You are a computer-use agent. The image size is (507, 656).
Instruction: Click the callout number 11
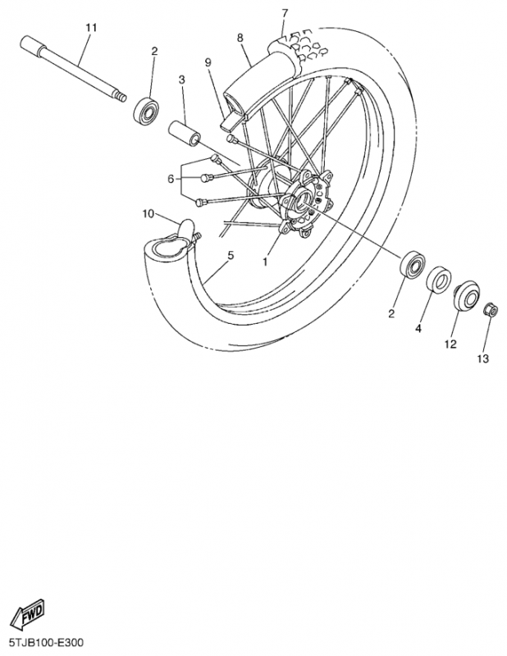(91, 28)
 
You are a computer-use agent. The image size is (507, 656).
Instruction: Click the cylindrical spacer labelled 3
(185, 134)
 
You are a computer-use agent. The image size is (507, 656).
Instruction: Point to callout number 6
(171, 179)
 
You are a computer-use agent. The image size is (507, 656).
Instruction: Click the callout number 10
(148, 214)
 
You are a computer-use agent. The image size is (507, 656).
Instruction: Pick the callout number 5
(231, 255)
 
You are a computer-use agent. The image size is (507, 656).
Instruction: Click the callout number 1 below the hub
(265, 262)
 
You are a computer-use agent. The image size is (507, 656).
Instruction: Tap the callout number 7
(285, 13)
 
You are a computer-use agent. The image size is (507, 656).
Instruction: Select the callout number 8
(240, 38)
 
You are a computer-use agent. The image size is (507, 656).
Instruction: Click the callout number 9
(208, 62)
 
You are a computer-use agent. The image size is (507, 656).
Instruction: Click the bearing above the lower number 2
(413, 263)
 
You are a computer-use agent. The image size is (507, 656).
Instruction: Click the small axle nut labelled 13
(491, 310)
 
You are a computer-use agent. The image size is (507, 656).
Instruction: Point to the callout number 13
(482, 358)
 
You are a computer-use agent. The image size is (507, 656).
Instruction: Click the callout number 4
(418, 329)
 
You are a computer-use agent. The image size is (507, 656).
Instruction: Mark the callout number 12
(450, 344)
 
